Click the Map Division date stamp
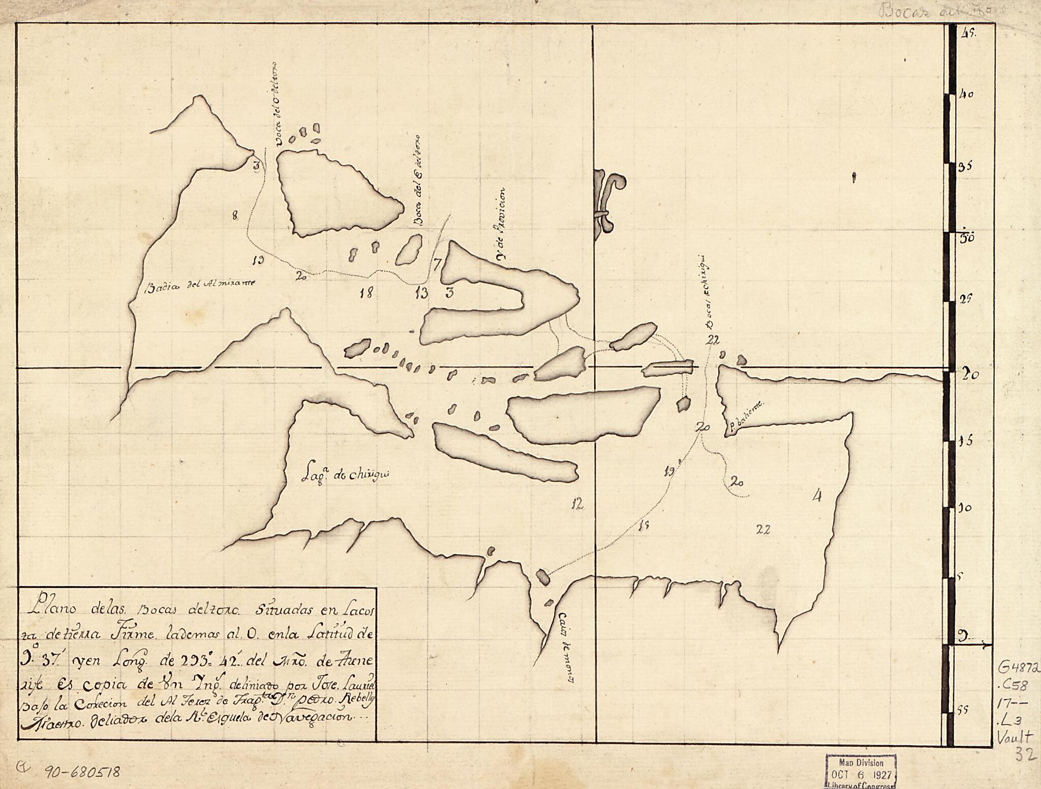tap(861, 770)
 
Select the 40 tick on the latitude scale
tap(965, 94)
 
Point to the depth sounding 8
tap(235, 216)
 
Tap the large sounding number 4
tap(817, 495)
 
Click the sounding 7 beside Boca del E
tap(437, 263)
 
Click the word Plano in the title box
tap(49, 608)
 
